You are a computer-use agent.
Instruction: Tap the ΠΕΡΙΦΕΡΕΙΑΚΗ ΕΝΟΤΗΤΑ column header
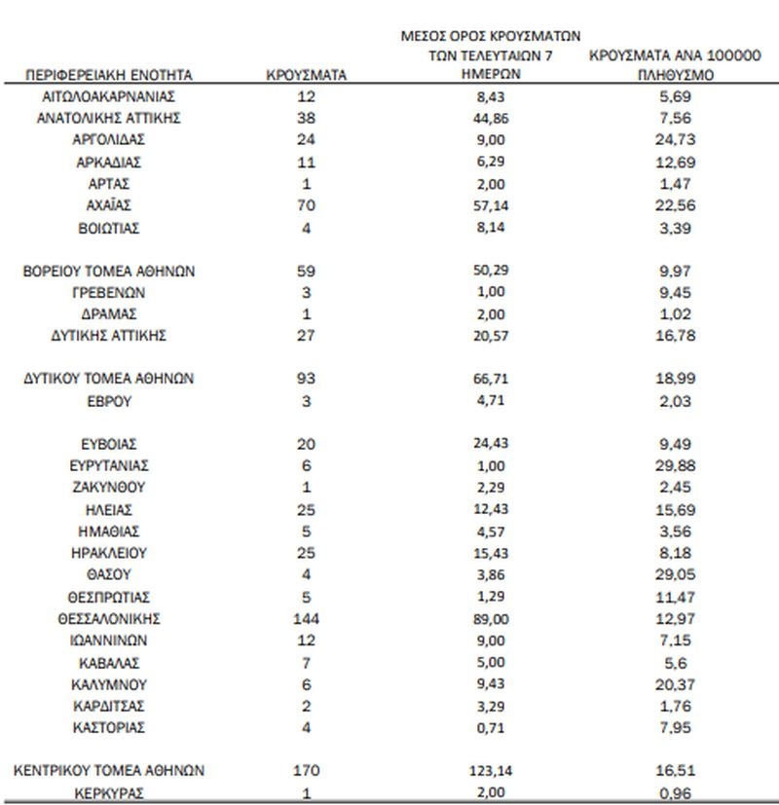[x=109, y=74]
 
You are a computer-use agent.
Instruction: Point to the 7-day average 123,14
[x=493, y=770]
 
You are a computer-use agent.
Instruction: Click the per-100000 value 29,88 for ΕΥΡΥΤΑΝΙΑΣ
[x=675, y=466]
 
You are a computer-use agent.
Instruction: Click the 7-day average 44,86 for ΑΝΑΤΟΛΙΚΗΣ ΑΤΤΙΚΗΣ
[x=493, y=118]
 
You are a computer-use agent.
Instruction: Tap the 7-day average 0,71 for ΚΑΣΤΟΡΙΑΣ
[x=493, y=727]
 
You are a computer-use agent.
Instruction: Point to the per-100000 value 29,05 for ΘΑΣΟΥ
[x=675, y=575]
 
